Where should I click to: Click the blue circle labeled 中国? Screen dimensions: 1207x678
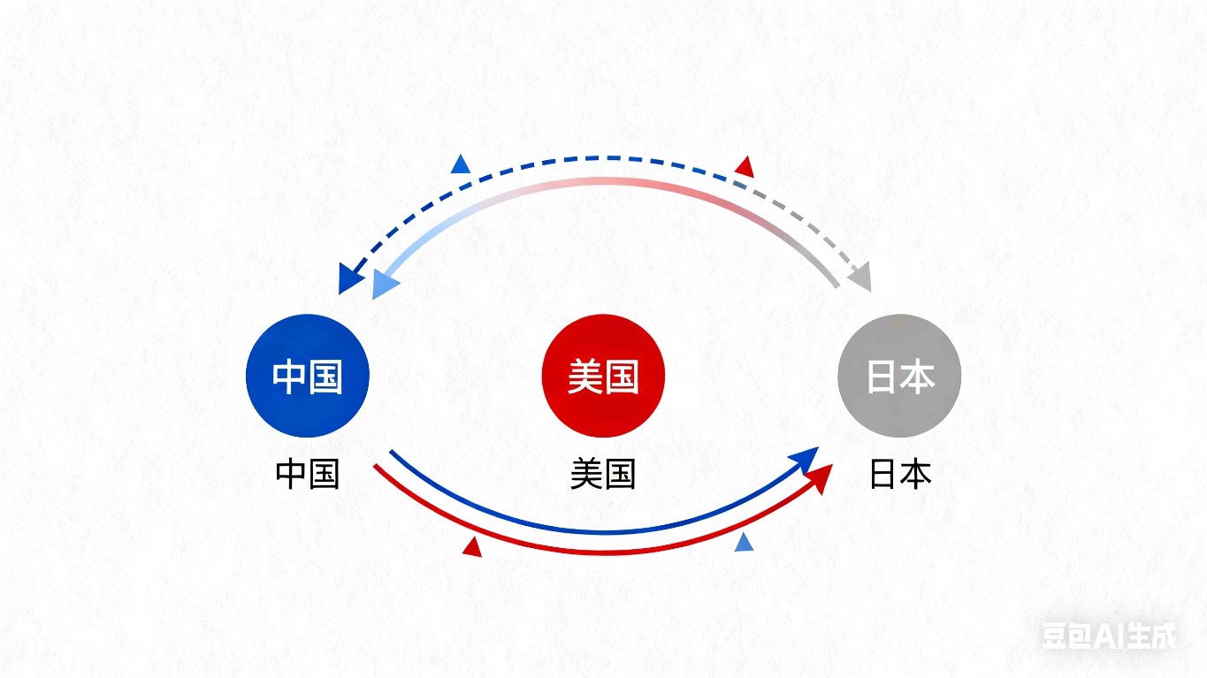point(307,376)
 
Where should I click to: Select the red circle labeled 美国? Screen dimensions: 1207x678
point(603,376)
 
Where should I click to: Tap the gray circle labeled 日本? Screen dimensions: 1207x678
point(899,376)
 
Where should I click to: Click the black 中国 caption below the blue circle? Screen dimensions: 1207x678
point(307,474)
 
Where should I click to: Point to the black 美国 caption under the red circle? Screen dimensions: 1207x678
point(603,474)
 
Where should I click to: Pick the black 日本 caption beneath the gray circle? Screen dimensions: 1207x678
point(900,474)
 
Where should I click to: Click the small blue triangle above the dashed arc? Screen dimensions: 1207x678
point(461,164)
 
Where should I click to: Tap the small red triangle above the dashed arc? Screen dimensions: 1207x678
point(745,167)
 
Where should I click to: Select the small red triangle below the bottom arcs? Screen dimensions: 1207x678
point(472,547)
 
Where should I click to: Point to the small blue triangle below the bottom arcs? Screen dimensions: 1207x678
point(745,542)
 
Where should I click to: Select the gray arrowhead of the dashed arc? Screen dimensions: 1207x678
point(861,277)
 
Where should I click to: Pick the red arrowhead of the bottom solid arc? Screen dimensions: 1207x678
point(821,478)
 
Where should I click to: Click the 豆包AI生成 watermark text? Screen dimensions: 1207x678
point(1110,636)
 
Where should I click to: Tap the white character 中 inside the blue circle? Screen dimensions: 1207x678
point(289,377)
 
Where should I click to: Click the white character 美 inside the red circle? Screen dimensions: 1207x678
point(585,377)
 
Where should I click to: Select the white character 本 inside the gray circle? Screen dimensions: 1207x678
point(918,377)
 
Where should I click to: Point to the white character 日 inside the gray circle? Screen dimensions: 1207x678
point(882,377)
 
